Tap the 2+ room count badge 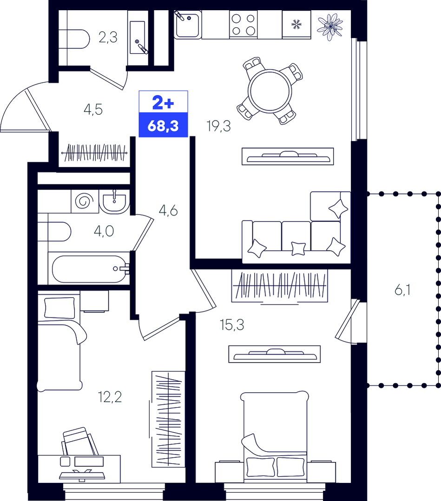click(163, 103)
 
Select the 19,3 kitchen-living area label click(219, 126)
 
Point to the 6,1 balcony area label click(402, 290)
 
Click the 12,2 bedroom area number click(110, 397)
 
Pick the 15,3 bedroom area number click(232, 325)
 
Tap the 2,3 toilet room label click(108, 38)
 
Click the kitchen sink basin click(188, 25)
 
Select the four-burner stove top click(244, 25)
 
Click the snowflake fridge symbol click(296, 24)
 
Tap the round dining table click(270, 91)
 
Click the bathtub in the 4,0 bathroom click(90, 269)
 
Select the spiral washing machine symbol click(85, 202)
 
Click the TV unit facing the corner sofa click(288, 156)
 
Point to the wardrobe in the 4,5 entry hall click(95, 153)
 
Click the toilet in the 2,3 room click(74, 39)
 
